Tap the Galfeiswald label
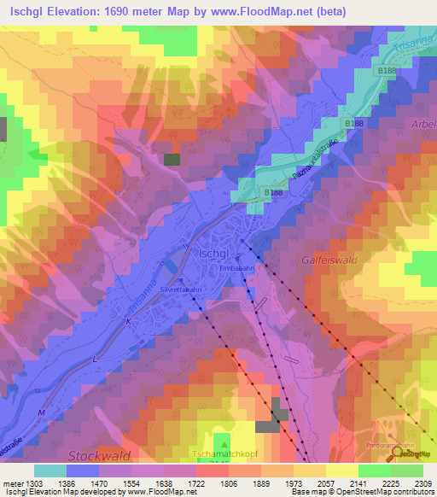click(329, 257)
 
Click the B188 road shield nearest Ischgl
click(273, 194)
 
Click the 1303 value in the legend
click(32, 482)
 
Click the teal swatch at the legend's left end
click(50, 471)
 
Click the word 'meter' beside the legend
click(12, 482)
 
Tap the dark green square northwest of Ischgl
click(172, 159)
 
